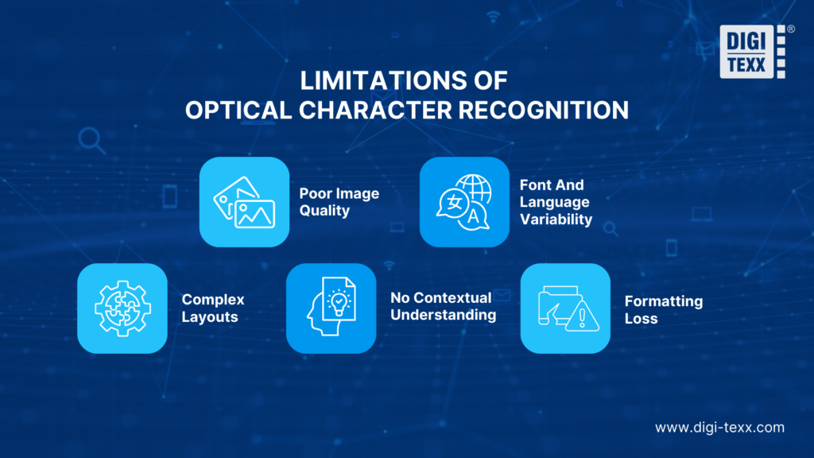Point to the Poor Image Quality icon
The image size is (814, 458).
[x=244, y=202]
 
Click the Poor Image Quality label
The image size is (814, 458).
[x=339, y=202]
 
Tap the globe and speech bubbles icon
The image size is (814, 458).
[x=464, y=202]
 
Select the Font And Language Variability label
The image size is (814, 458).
[x=556, y=202]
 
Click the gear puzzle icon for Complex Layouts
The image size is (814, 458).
[x=122, y=308]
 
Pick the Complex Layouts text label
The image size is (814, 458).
[x=212, y=308]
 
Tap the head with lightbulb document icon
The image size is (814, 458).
[x=331, y=308]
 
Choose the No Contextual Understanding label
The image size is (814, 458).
[x=443, y=306]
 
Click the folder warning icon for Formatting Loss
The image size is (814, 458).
[x=565, y=308]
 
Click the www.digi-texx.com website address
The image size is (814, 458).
[x=719, y=428]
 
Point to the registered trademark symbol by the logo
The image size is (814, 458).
[x=791, y=29]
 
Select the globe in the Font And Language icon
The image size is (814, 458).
[x=474, y=191]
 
